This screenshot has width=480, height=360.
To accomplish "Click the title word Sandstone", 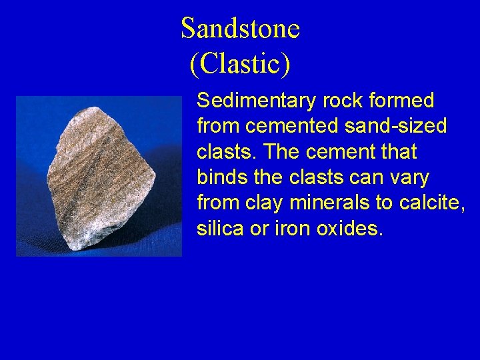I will (x=240, y=29).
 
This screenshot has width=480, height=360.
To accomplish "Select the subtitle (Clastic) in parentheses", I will (x=240, y=63).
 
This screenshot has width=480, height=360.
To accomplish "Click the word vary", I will (x=410, y=177).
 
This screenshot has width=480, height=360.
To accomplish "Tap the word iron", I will (x=289, y=229).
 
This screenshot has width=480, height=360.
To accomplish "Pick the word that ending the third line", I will (x=398, y=152).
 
